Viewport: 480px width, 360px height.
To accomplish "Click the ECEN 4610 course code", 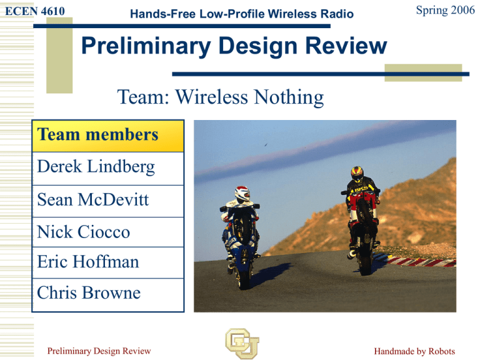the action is point(35,11).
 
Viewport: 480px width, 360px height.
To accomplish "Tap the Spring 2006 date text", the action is point(446,10).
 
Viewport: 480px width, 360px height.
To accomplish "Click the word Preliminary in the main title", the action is point(146,46).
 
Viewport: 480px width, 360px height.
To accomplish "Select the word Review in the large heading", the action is point(346,46).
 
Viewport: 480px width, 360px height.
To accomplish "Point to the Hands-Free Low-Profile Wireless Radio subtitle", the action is point(242,14).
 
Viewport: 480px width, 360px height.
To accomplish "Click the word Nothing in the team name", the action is point(289,97).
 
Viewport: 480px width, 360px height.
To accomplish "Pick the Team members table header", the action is point(107,136).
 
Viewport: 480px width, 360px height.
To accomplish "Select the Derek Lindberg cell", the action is point(107,168).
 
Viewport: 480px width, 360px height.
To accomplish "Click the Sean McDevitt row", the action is point(107,201).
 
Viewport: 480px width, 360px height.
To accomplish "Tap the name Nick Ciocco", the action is point(83,232).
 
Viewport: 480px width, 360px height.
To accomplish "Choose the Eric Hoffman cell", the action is point(107,262).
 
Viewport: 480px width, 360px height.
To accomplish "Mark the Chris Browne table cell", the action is point(107,295).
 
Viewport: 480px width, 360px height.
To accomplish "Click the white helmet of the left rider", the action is point(242,193).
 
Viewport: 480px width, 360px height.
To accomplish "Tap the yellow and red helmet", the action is point(357,174).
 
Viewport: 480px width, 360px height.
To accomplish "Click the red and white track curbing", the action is point(420,261).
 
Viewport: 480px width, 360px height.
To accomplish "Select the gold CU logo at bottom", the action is point(242,343).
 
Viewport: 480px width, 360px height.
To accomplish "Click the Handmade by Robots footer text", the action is point(414,351).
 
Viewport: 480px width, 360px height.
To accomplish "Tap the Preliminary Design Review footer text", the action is point(99,351).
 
